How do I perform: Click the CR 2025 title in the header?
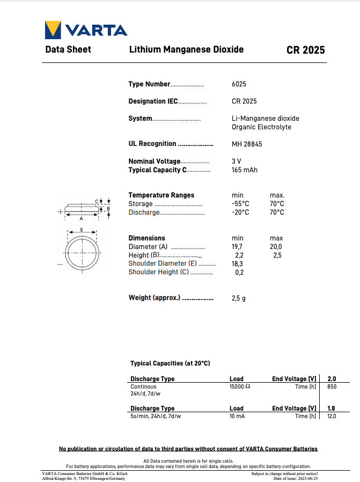pyautogui.click(x=305, y=50)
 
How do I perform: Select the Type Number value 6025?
pyautogui.click(x=239, y=84)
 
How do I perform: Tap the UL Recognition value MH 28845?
pyautogui.click(x=247, y=144)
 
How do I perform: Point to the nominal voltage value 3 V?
pyautogui.click(x=237, y=161)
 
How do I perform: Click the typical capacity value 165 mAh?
pyautogui.click(x=245, y=170)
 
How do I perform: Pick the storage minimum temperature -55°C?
pyautogui.click(x=240, y=204)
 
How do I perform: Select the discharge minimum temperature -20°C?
pyautogui.click(x=240, y=213)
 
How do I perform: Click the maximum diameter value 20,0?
pyautogui.click(x=276, y=247)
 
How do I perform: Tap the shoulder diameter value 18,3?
pyautogui.click(x=237, y=264)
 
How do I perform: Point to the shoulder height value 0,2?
pyautogui.click(x=239, y=272)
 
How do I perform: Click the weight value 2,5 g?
pyautogui.click(x=239, y=298)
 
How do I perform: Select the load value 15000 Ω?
pyautogui.click(x=240, y=386)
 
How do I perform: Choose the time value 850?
pyautogui.click(x=332, y=386)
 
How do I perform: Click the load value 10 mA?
pyautogui.click(x=237, y=416)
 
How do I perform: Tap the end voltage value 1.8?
pyautogui.click(x=332, y=408)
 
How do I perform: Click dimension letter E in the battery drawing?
pyautogui.click(x=81, y=229)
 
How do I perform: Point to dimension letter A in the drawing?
pyautogui.click(x=81, y=219)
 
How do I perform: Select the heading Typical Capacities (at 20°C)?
pyautogui.click(x=170, y=363)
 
